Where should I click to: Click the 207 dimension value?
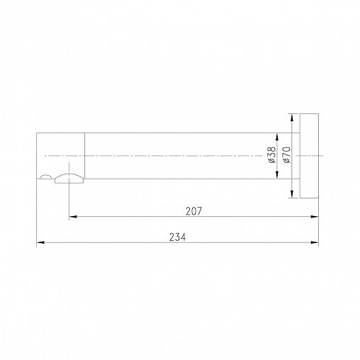pyautogui.click(x=193, y=211)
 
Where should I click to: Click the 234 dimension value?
pyautogui.click(x=177, y=237)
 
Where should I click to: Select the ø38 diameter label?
pyautogui.click(x=272, y=155)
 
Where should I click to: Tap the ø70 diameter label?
pyautogui.click(x=287, y=155)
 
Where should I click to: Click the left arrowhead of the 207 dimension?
pyautogui.click(x=73, y=216)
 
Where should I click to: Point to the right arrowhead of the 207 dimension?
pyautogui.click(x=315, y=216)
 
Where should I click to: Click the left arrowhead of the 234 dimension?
pyautogui.click(x=40, y=242)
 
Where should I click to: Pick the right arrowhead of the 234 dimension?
pyautogui.click(x=315, y=242)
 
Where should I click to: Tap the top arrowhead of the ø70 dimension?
pyautogui.click(x=292, y=118)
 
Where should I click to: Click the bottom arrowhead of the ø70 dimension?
pyautogui.click(x=292, y=194)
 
